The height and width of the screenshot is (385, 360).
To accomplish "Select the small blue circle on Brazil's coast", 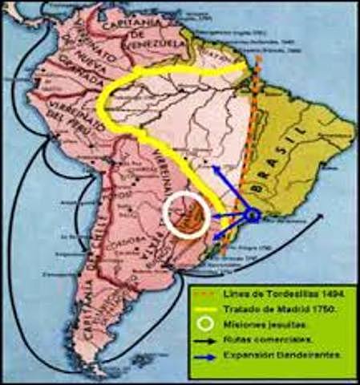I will [251, 214].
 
